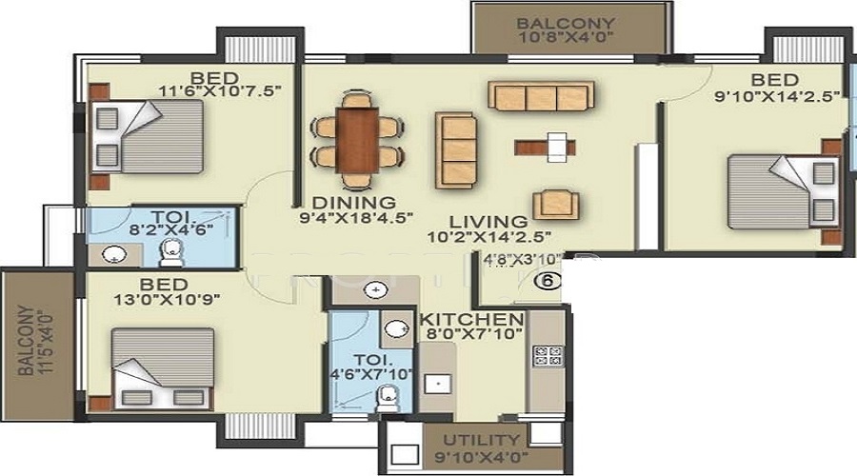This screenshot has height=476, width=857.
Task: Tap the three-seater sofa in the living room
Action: click(x=540, y=95)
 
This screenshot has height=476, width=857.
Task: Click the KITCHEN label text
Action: click(x=472, y=319)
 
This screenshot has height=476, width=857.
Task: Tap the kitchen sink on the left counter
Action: click(x=438, y=385)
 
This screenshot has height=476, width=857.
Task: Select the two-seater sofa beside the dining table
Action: click(x=457, y=138)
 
